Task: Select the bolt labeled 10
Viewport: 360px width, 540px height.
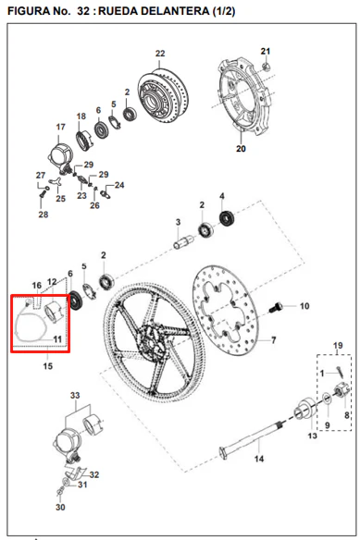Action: point(276,307)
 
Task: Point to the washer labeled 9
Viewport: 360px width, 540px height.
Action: point(327,399)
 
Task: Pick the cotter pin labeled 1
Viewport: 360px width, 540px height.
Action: point(340,372)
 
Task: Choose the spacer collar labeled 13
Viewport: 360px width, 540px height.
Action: point(305,409)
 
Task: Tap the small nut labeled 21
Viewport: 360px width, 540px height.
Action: point(266,67)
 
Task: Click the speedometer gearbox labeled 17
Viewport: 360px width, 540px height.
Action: point(60,156)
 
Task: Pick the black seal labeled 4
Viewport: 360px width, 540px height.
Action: point(227,218)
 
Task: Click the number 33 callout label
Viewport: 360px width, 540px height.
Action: point(75,395)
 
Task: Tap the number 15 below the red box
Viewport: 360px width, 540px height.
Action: point(48,366)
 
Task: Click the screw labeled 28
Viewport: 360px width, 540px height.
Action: point(42,194)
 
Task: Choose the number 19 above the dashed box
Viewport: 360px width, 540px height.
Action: point(338,346)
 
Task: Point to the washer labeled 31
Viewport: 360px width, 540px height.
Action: point(66,482)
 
